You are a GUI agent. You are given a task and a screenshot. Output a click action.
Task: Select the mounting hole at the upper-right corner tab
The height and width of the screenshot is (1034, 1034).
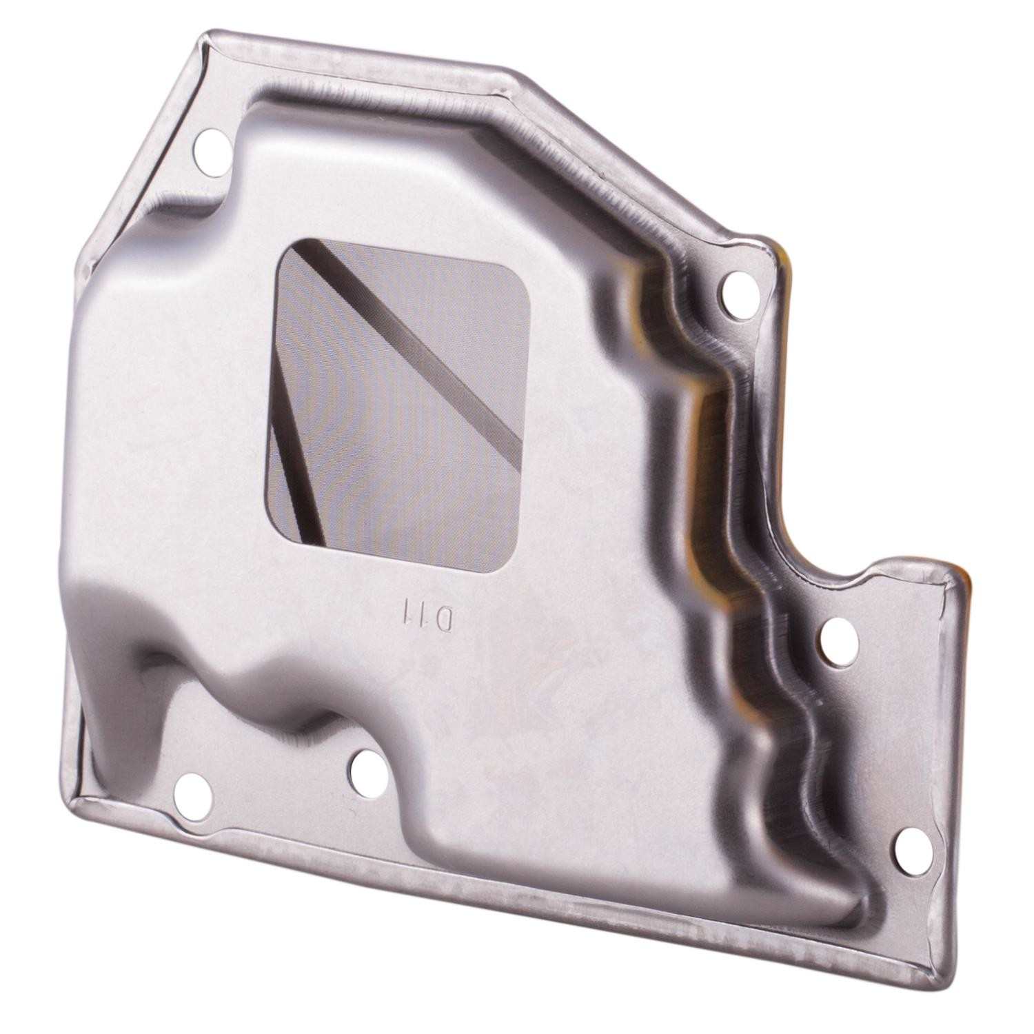[739, 286]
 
